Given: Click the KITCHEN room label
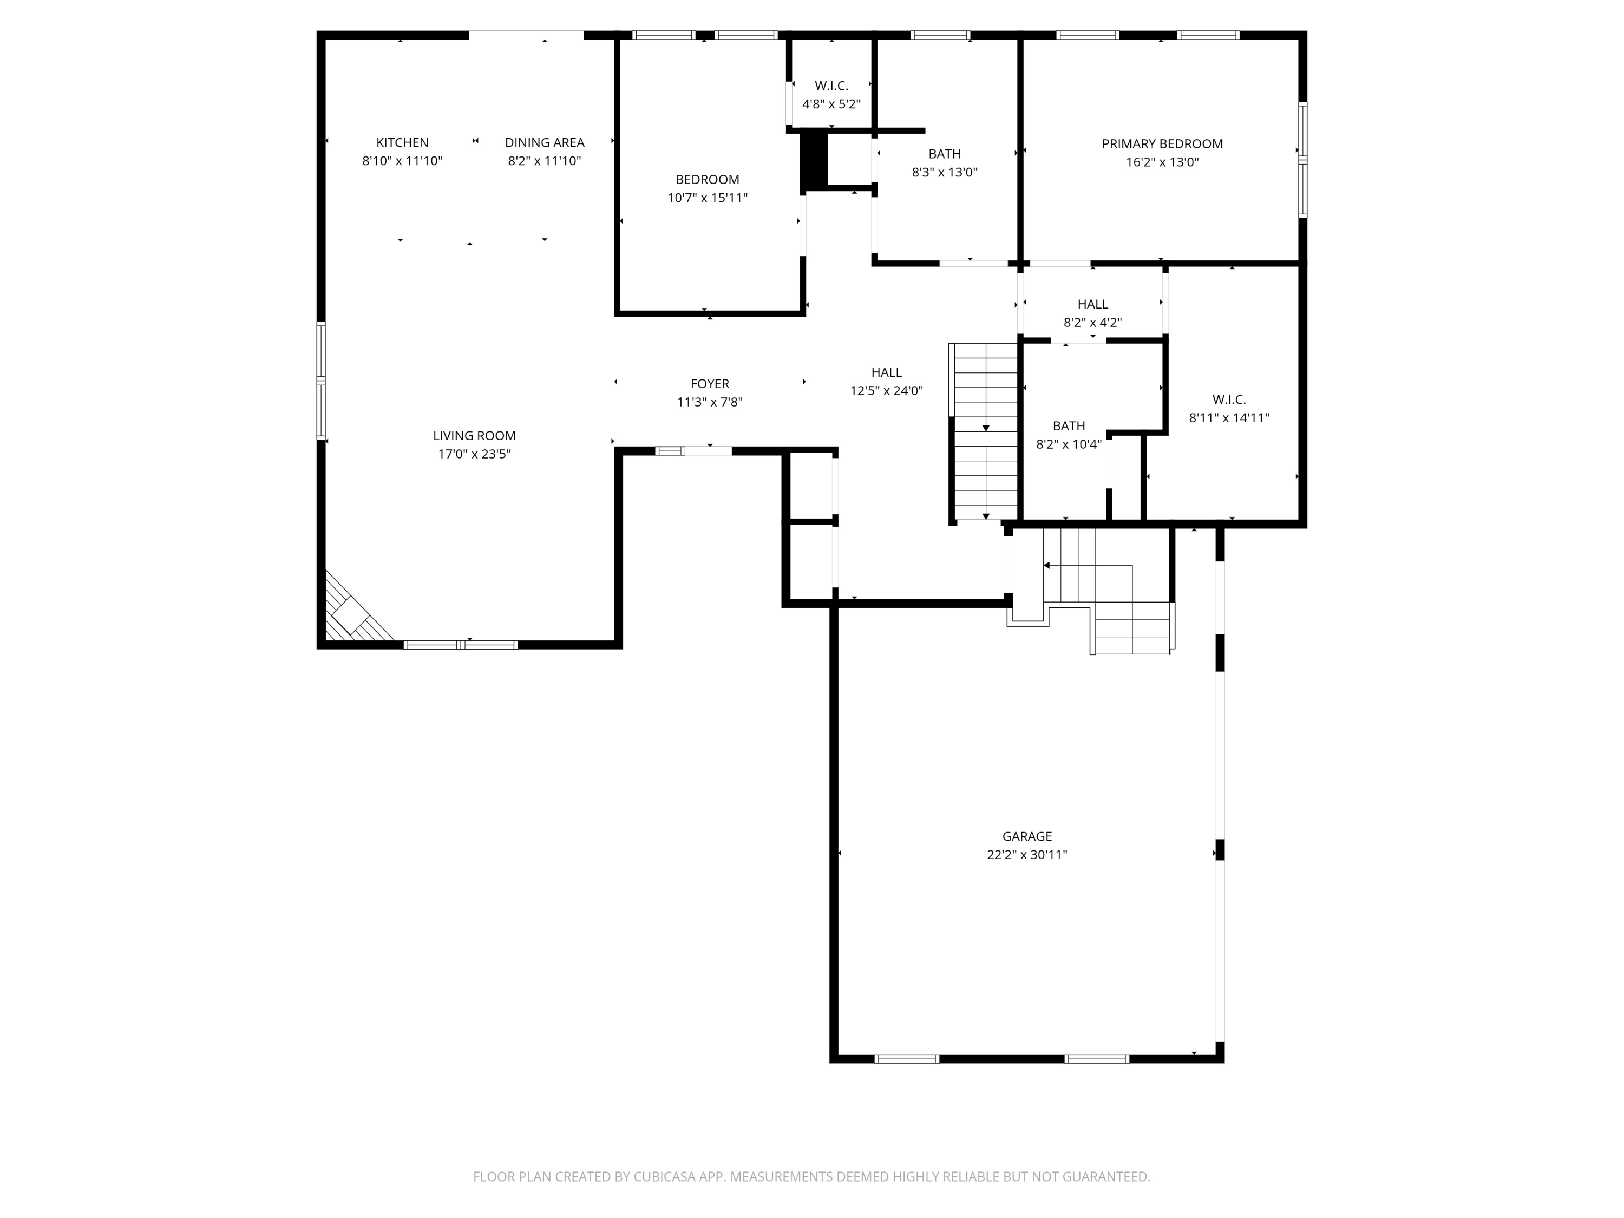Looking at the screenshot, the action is coord(402,142).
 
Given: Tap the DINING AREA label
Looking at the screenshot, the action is coord(545,142).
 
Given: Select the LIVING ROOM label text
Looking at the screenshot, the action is coord(474,435).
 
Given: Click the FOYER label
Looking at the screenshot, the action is coord(710,383).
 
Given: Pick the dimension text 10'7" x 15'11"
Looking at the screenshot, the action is coord(708,198).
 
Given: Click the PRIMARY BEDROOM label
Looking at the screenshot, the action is coord(1162,144).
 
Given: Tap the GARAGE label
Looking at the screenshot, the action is coord(1027,836).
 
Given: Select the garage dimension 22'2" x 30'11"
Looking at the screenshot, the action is coord(1027,855).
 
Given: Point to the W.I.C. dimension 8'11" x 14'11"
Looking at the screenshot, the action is coord(1229,418).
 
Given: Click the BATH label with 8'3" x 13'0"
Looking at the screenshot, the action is coord(945,163).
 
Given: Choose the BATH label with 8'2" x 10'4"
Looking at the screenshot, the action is coord(1069,435).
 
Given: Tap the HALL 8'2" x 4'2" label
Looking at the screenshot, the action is coord(1092,313).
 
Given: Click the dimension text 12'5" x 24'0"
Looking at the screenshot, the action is coord(887,391).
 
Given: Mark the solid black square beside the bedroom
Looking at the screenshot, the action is coord(814,161).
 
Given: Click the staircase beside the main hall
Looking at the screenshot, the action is coord(985,433).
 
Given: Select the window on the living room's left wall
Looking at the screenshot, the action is coord(321,381).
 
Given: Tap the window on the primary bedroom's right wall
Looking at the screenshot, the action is coord(1302,159).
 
